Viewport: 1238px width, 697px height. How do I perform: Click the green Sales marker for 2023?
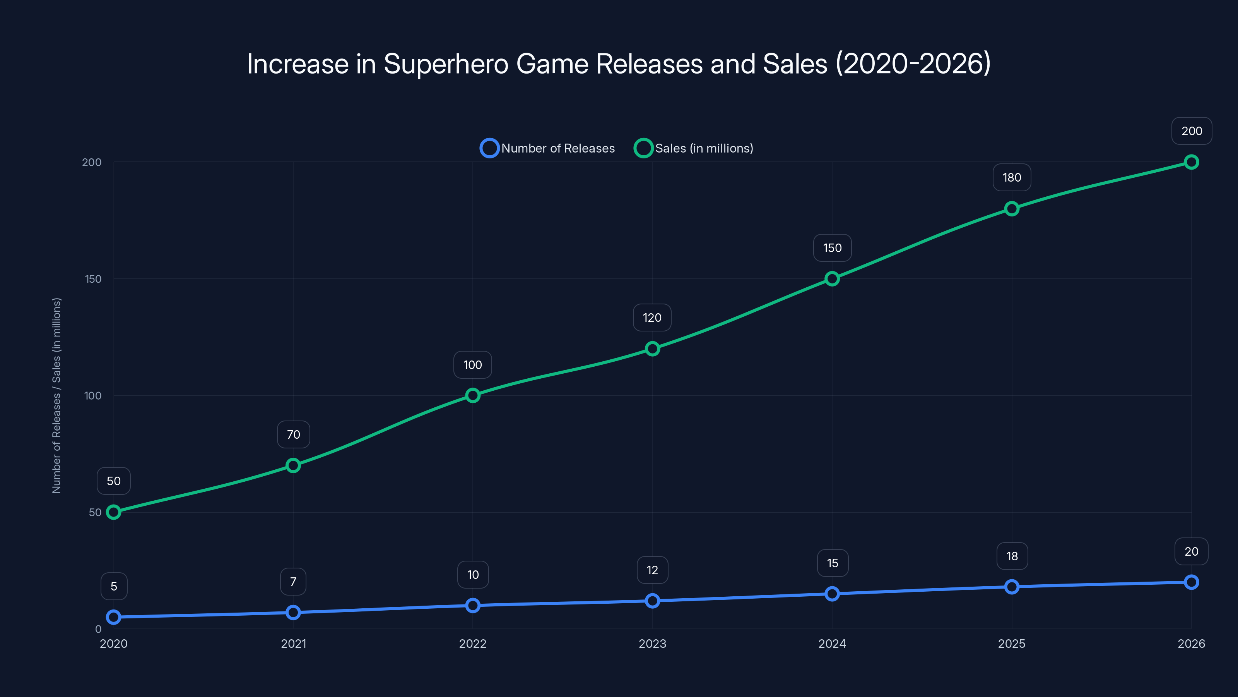652,349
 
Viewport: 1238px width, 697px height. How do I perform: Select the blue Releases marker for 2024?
832,594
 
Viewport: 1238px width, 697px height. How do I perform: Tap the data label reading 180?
1012,177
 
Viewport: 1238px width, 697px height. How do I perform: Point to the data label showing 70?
293,434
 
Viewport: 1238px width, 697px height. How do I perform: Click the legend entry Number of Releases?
548,148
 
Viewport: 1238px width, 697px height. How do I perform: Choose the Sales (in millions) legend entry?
694,148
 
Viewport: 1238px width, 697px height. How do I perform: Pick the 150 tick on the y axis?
93,279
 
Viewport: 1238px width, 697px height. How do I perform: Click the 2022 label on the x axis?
472,644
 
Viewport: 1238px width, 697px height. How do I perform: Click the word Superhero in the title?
446,64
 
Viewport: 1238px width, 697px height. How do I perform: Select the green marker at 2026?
1191,162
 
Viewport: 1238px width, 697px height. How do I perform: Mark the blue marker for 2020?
113,617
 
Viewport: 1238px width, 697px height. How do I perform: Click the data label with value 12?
652,570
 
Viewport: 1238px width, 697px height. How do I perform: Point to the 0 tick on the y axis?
98,629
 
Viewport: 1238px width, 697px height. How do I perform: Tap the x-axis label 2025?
1011,644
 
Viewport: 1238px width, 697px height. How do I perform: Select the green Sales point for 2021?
293,465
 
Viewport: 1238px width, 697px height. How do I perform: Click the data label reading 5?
114,586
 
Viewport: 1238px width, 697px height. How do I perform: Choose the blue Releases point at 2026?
1191,582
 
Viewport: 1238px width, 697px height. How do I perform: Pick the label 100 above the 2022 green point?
472,365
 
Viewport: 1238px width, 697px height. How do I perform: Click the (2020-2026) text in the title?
913,64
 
